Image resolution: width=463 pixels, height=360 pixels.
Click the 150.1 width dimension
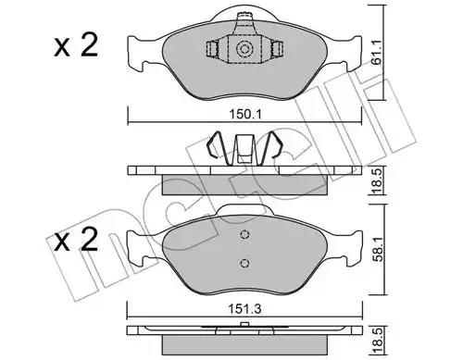coord(245,115)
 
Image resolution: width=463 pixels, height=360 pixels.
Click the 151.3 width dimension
coord(244,309)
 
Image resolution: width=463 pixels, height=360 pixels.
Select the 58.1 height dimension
coord(378,250)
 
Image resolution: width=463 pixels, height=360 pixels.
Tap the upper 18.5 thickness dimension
coord(377,181)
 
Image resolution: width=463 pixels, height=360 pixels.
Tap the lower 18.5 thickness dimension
coord(378,341)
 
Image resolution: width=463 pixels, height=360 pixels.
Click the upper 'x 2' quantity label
coord(76,45)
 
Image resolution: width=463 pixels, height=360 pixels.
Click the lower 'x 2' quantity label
coord(76,240)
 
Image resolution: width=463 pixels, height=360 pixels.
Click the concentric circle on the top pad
coord(244,49)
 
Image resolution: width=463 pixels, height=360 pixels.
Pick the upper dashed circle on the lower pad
coord(244,235)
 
